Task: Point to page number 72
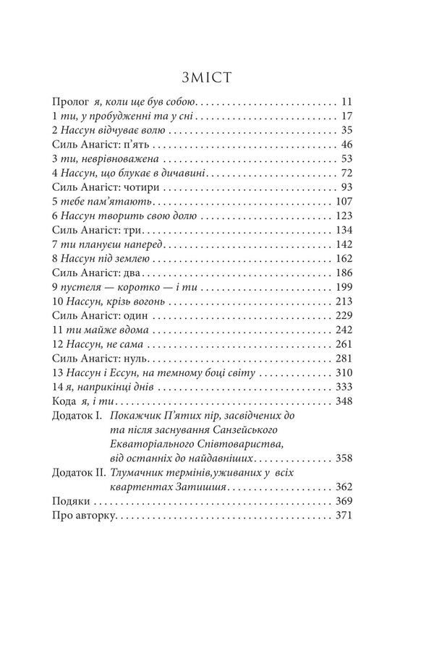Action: pos(345,174)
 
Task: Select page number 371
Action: pos(342,515)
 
